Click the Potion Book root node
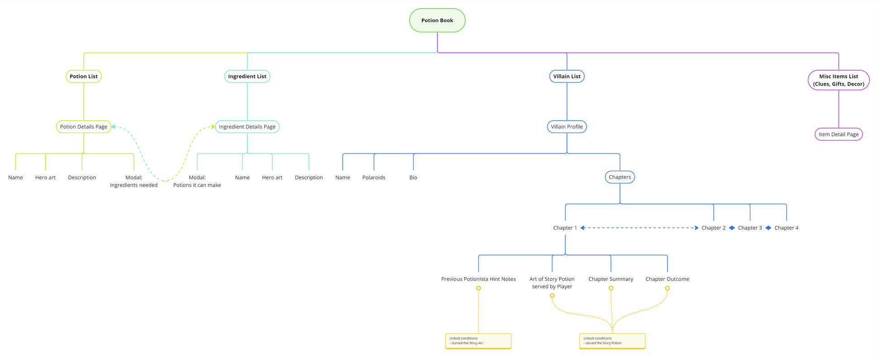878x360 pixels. pyautogui.click(x=437, y=20)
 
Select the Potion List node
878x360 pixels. pyautogui.click(x=83, y=76)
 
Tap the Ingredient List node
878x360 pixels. pyautogui.click(x=247, y=76)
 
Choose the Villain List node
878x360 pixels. pyautogui.click(x=567, y=76)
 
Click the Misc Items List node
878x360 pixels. pyautogui.click(x=838, y=80)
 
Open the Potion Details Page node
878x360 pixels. pyautogui.click(x=83, y=127)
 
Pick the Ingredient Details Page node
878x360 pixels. pyautogui.click(x=247, y=127)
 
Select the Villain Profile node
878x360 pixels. pyautogui.click(x=567, y=127)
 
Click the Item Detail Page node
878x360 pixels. pyautogui.click(x=838, y=134)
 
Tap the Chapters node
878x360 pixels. pyautogui.click(x=620, y=177)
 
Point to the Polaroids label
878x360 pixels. pyautogui.click(x=373, y=178)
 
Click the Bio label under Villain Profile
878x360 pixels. pyautogui.click(x=413, y=178)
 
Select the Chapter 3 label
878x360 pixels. pyautogui.click(x=750, y=228)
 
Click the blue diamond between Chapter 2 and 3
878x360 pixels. pyautogui.click(x=732, y=228)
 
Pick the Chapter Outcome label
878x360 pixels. pyautogui.click(x=667, y=279)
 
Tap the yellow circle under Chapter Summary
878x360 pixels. pyautogui.click(x=611, y=288)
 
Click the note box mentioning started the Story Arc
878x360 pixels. pyautogui.click(x=478, y=341)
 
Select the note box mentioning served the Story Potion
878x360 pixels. pyautogui.click(x=612, y=341)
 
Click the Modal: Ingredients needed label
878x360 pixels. pyautogui.click(x=134, y=181)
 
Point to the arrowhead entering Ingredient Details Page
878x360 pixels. pyautogui.click(x=213, y=127)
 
